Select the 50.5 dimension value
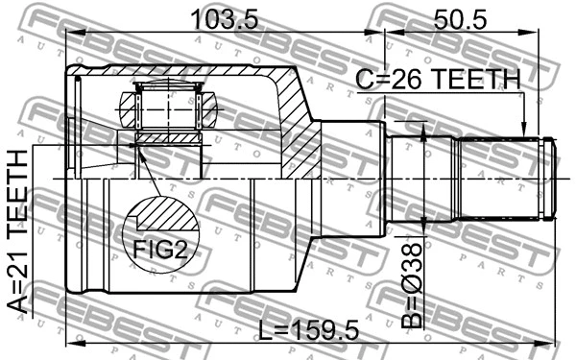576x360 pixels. pyautogui.click(x=459, y=18)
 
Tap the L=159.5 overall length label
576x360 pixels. pyautogui.click(x=309, y=332)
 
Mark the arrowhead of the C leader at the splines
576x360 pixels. pyautogui.click(x=523, y=135)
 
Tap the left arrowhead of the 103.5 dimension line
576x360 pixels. pyautogui.click(x=70, y=35)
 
